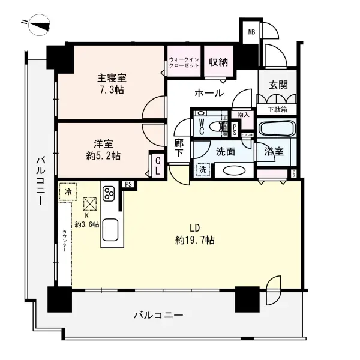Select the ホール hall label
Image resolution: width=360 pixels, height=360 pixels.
click(209, 93)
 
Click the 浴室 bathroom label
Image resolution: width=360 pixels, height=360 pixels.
click(274, 152)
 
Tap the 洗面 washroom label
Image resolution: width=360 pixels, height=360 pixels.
click(225, 152)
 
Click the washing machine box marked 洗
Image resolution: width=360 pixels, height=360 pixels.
click(203, 170)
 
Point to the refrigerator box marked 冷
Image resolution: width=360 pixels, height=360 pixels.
click(68, 192)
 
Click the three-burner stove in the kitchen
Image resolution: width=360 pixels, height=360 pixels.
click(110, 193)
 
